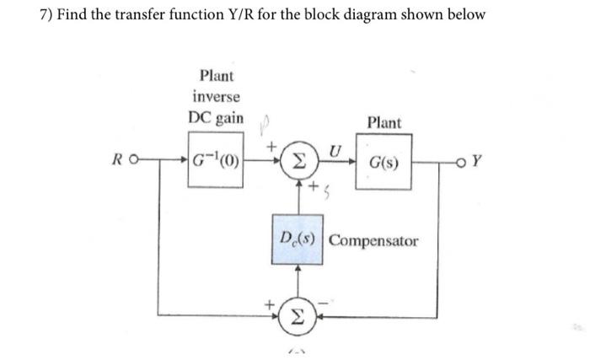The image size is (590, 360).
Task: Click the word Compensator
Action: (x=373, y=241)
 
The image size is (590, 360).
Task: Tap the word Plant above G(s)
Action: (x=384, y=123)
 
